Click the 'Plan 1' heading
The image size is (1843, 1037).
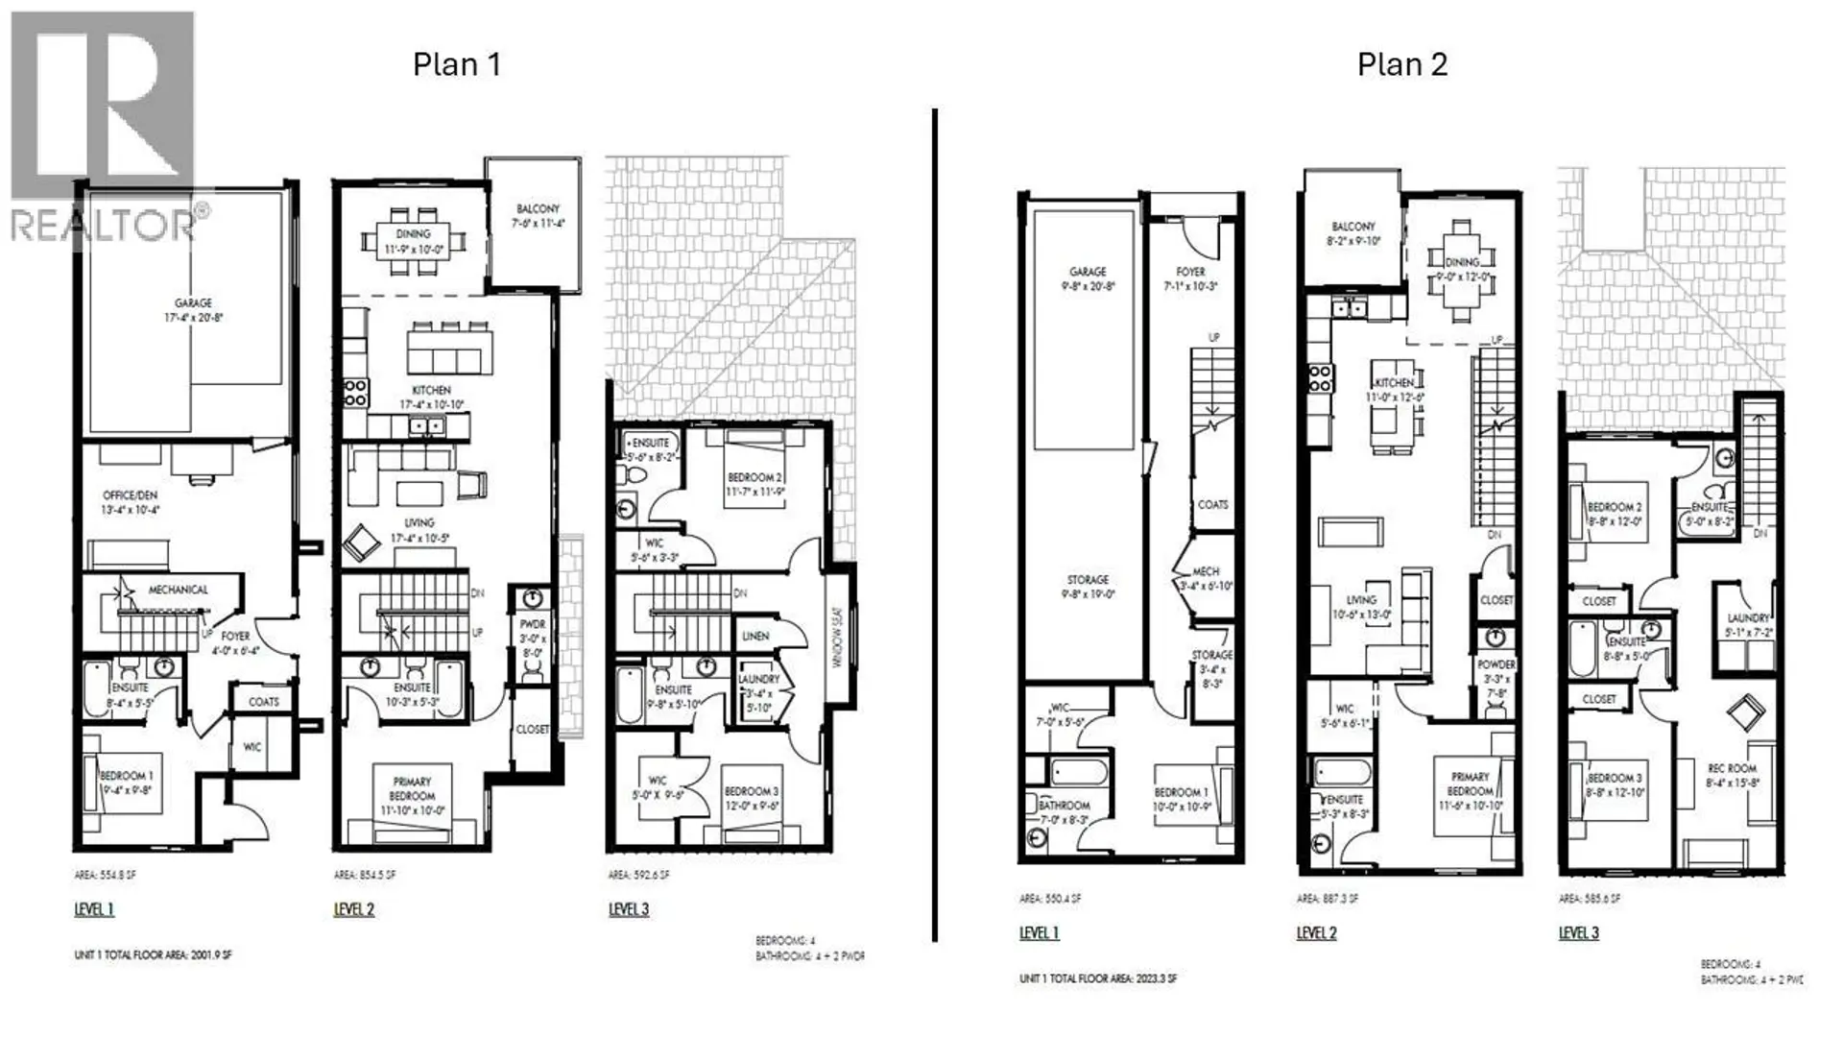[456, 64]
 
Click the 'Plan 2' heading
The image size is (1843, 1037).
[1401, 64]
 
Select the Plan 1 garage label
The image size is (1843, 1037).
[193, 309]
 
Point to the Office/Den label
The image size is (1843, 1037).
[131, 502]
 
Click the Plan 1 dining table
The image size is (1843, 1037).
[414, 241]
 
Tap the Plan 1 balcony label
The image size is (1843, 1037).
[538, 215]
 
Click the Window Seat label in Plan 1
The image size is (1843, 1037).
[837, 637]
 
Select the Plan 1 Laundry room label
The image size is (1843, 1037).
[758, 692]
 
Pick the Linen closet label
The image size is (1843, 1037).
[755, 636]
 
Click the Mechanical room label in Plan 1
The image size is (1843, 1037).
[178, 590]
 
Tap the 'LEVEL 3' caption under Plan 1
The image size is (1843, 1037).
[629, 909]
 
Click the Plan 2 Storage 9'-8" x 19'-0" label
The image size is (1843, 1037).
[1088, 587]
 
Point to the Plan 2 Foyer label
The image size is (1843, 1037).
[1190, 278]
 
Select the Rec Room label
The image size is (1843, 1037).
[1732, 775]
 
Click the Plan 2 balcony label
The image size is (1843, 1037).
[1353, 233]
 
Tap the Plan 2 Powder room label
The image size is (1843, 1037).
[1496, 678]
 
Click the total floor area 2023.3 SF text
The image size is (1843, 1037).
[1098, 978]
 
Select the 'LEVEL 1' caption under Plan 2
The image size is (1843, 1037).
[1039, 932]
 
